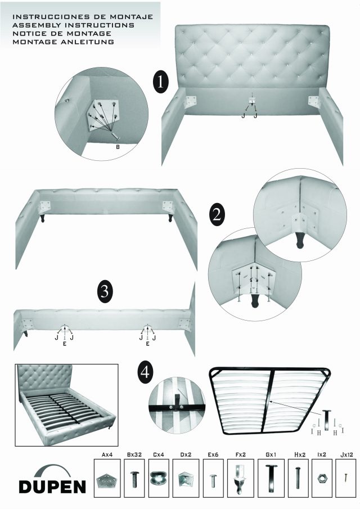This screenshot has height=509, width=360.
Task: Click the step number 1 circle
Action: point(161,83)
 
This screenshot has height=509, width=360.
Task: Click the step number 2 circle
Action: point(217,214)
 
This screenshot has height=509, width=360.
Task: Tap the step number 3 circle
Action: point(105,291)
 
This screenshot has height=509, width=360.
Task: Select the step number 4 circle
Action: point(145,372)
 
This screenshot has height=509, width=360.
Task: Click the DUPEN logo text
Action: point(52,487)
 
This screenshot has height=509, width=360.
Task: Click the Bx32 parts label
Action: point(134,455)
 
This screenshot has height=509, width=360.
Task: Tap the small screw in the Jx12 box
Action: point(346,478)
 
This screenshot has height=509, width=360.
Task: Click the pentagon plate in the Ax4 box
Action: point(106,479)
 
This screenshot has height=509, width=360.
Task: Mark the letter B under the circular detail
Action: point(118,147)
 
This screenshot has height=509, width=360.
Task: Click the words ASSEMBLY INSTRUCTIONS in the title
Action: point(73,25)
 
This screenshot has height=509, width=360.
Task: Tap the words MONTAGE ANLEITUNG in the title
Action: point(64,42)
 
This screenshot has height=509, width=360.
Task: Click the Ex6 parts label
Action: point(213,455)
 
